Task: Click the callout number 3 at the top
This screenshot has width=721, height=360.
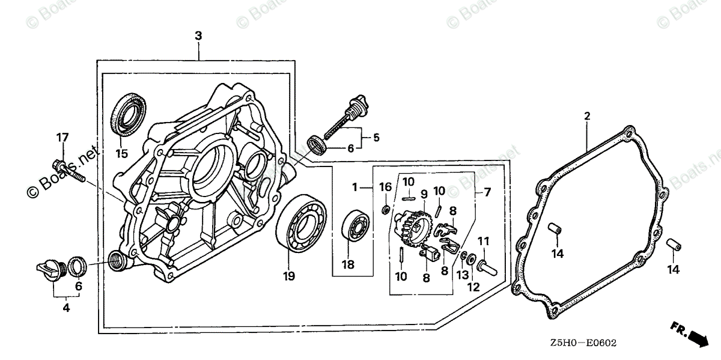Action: coord(198,36)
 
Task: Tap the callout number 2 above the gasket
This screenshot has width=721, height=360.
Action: coord(587,116)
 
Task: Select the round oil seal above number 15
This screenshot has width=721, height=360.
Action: coord(127,115)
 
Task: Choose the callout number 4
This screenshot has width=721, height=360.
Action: coord(66,308)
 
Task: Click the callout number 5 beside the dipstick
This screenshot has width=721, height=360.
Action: coord(376,138)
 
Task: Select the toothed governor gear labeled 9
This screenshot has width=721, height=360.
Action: coord(416,225)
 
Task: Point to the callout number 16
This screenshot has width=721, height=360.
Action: coord(385,187)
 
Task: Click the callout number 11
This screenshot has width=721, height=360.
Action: coord(484,241)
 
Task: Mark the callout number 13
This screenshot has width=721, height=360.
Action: coord(461,275)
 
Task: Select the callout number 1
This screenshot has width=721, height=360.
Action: coord(354,188)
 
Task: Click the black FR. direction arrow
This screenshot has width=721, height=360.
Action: coord(697,337)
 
